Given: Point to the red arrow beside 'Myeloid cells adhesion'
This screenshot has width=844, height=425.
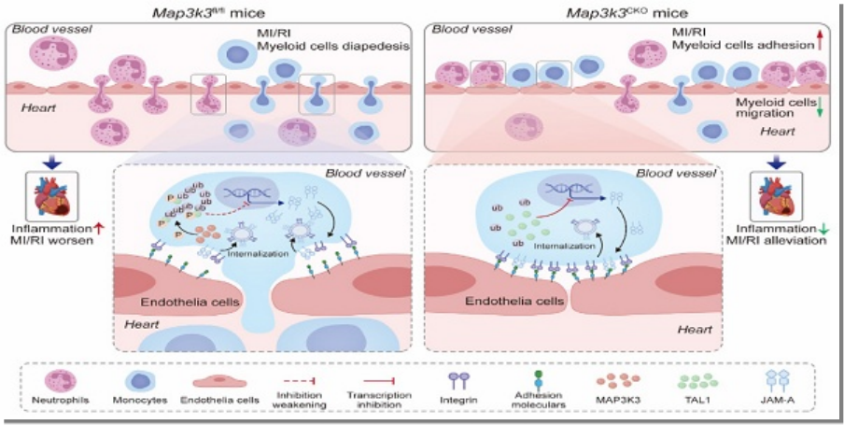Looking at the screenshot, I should [820, 37].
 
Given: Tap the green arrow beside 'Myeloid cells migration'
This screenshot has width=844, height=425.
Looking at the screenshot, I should [820, 109].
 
